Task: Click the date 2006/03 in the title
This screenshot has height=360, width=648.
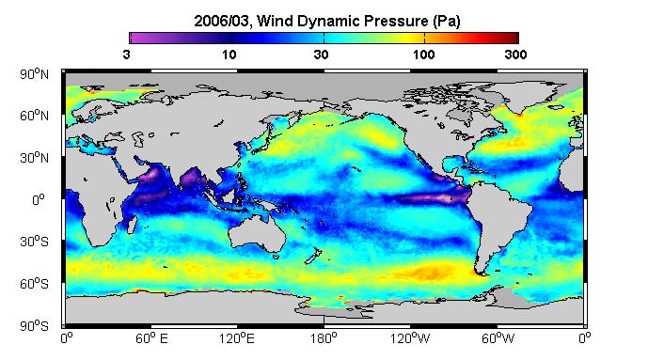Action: (x=222, y=21)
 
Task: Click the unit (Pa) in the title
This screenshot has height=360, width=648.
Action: (x=447, y=22)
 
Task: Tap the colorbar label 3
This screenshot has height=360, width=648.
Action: (x=126, y=55)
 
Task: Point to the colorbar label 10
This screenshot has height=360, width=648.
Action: (x=229, y=55)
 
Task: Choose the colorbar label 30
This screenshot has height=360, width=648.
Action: (x=321, y=55)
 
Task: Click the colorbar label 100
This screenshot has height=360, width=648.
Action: (x=423, y=55)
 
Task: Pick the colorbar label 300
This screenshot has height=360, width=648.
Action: (x=515, y=55)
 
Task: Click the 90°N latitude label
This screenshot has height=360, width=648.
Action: (x=34, y=74)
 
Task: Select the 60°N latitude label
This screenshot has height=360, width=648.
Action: (x=34, y=116)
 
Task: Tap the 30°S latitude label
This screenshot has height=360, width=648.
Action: (x=34, y=242)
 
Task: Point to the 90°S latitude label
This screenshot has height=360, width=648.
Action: (x=34, y=326)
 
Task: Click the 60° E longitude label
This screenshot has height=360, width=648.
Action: (x=151, y=338)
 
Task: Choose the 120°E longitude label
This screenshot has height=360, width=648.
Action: (x=237, y=338)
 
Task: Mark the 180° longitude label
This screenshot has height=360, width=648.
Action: (x=324, y=338)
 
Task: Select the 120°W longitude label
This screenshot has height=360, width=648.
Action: (x=410, y=338)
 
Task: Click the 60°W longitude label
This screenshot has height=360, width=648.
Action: (x=498, y=338)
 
